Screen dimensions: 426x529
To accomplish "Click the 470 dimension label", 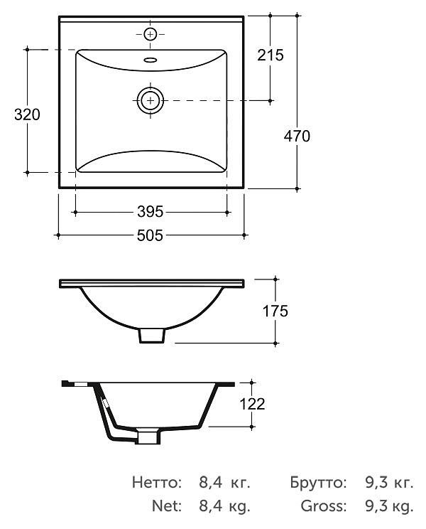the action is (x=297, y=137).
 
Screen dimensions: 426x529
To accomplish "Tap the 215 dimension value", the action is (x=271, y=55).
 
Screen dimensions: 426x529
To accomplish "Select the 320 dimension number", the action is (x=27, y=114).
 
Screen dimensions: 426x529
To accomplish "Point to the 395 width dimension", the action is (x=151, y=212).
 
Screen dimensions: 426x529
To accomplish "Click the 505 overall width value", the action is (x=151, y=235).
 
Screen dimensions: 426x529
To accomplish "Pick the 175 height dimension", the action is (x=275, y=311).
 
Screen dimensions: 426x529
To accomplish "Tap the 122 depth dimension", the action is (x=252, y=404).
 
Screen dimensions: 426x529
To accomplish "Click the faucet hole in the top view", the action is (x=151, y=34).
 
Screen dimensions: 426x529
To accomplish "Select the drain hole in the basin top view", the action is (x=151, y=100).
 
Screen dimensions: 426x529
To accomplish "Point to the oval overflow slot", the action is (x=151, y=60).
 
